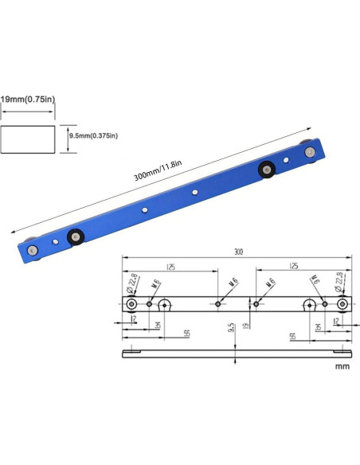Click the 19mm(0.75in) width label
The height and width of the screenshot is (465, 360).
27,99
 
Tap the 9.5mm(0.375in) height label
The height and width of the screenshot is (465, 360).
95,135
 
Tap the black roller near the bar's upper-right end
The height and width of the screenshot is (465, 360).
265,168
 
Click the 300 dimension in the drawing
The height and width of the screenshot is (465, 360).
238,252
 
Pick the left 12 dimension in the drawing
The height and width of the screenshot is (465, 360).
135,320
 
